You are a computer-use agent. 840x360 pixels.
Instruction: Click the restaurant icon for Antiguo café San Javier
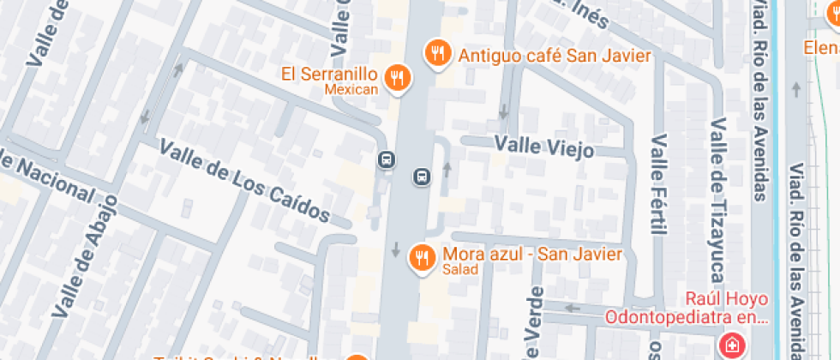pos(438,53)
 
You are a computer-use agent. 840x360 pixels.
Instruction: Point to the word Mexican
pos(351,89)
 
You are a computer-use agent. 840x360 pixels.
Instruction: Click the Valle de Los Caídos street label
pos(245,181)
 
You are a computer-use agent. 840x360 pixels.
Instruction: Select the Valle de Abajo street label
pos(86,262)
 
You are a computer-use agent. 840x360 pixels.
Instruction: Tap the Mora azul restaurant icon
pos(421,256)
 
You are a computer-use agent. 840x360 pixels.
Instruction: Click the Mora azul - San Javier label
pos(532,255)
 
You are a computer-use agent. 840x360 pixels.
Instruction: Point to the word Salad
pos(460,270)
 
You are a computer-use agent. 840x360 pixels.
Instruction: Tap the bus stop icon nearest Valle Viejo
pos(422,176)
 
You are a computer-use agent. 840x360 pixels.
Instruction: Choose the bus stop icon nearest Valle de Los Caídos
pos(387,159)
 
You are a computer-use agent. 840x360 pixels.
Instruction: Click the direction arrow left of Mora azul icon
pos(395,250)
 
